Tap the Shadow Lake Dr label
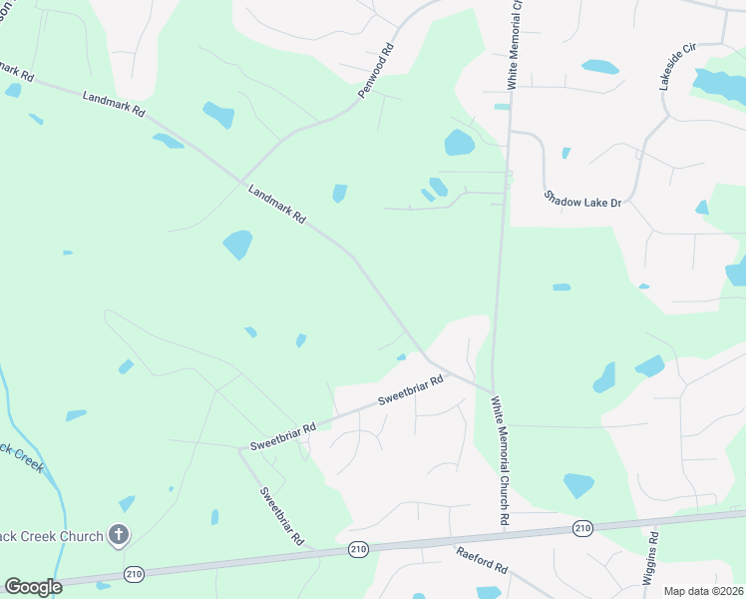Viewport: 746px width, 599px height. (x=582, y=199)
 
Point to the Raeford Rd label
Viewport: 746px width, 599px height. (x=483, y=560)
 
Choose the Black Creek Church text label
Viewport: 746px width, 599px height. (x=52, y=536)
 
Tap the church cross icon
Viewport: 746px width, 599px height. (x=119, y=535)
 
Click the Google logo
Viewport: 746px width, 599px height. (x=33, y=586)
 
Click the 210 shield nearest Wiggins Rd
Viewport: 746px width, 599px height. (x=583, y=527)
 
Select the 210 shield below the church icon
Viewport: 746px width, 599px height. (x=134, y=573)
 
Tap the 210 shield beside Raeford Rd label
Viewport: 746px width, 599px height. (x=359, y=549)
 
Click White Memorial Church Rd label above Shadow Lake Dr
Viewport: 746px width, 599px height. (x=515, y=45)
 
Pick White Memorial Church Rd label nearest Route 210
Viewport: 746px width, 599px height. (x=501, y=460)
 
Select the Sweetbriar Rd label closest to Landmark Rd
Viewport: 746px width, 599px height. (x=410, y=390)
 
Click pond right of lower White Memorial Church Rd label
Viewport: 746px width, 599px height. (x=578, y=485)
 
